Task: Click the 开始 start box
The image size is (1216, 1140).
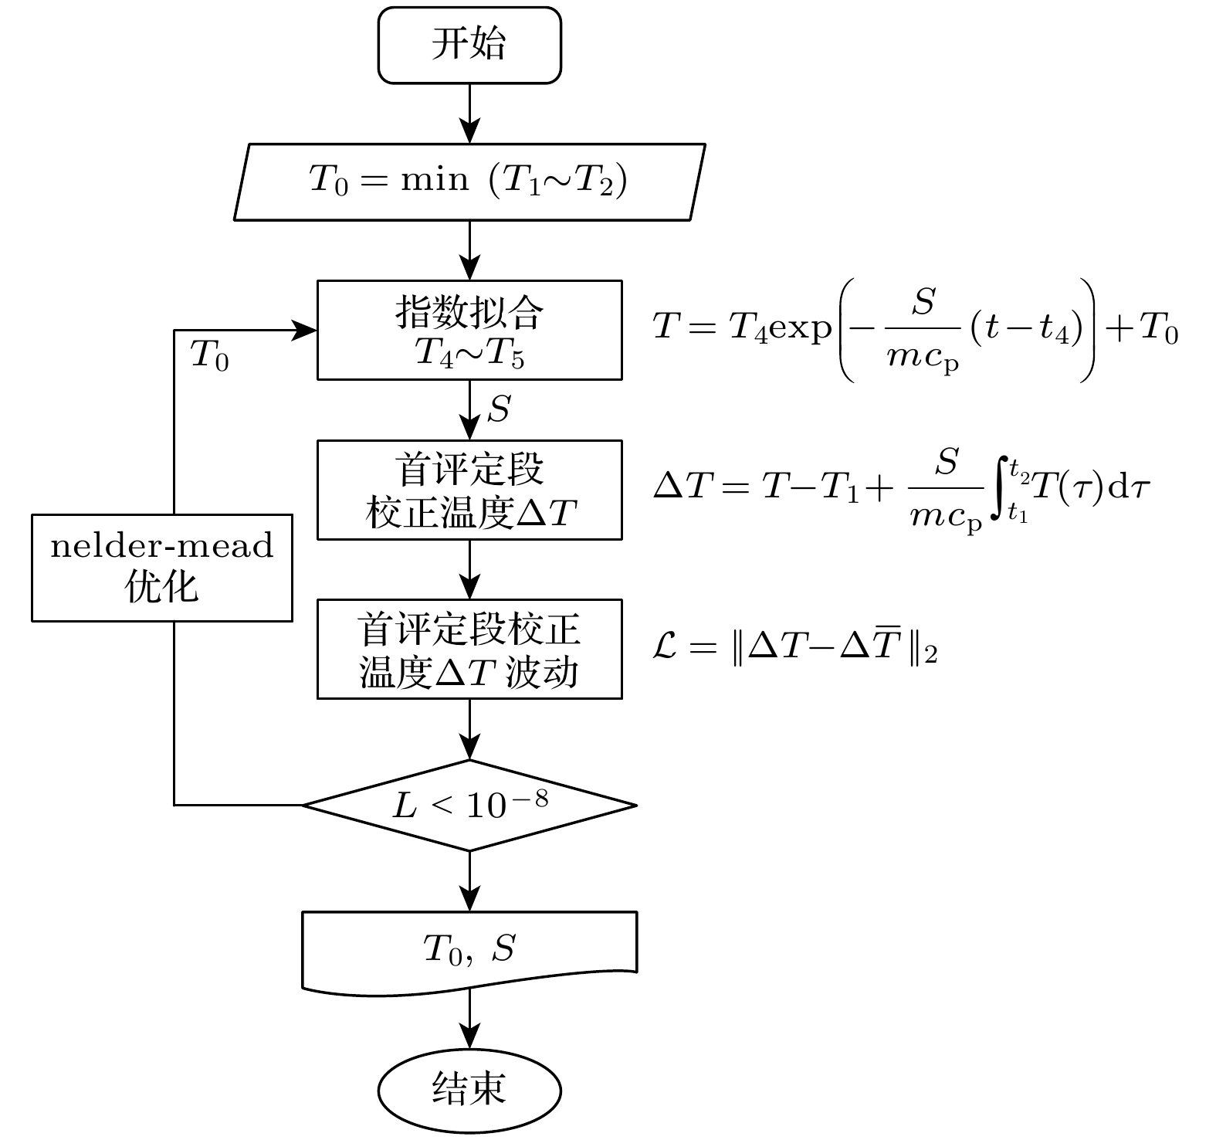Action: (x=469, y=45)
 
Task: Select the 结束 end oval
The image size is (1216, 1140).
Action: (x=469, y=1089)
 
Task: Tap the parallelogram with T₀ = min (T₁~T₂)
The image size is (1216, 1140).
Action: (x=469, y=182)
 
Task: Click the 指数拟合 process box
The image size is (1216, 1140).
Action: (x=469, y=330)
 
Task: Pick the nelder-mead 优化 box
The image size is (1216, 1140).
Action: (x=162, y=568)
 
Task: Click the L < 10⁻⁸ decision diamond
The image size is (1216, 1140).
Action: (x=469, y=806)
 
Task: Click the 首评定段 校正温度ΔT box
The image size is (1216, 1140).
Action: (x=469, y=490)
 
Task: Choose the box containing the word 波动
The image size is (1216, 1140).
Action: (x=469, y=650)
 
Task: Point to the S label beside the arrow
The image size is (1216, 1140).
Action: (x=499, y=409)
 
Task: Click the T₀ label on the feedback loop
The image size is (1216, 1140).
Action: (x=209, y=356)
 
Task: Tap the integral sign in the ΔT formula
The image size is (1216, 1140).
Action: (x=1000, y=488)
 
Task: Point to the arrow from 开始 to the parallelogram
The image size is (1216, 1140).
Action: (x=469, y=113)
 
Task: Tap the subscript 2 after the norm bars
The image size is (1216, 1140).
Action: (x=930, y=655)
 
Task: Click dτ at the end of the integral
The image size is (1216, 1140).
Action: (x=1129, y=487)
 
